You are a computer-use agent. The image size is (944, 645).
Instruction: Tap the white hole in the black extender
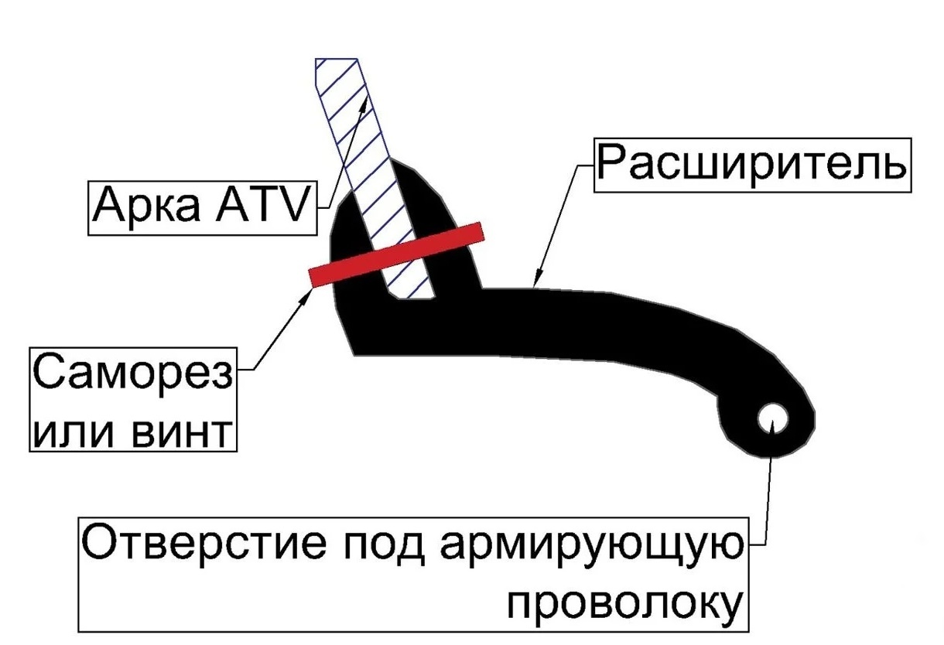[x=772, y=418]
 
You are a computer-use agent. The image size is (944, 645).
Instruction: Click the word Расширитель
[x=752, y=165]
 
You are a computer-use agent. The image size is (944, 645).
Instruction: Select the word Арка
[x=146, y=206]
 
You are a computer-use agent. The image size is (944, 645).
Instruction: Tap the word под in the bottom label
[x=384, y=545]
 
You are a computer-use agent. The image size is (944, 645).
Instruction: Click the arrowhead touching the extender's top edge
[x=536, y=280]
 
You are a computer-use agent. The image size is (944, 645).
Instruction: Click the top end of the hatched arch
[x=337, y=59]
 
